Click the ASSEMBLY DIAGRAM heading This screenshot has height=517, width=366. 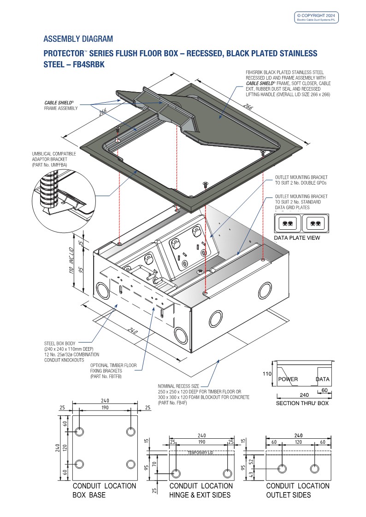[x=78, y=39]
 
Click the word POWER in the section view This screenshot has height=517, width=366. [x=288, y=379]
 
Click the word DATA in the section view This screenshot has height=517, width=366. [x=323, y=379]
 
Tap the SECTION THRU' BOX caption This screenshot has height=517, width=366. [x=302, y=403]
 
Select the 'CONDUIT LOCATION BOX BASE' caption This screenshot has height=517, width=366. [x=104, y=490]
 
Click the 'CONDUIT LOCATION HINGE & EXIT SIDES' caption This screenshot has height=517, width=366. [x=201, y=490]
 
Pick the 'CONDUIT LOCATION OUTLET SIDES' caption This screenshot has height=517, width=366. [x=298, y=490]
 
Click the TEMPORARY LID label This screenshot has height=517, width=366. [x=201, y=453]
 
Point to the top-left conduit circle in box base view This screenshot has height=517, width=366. [x=79, y=432]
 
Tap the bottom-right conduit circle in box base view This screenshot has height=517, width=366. [x=130, y=464]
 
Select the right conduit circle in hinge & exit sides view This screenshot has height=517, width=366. [x=227, y=473]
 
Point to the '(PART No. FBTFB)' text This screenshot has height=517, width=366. [x=106, y=377]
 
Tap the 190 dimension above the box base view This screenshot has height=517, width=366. [x=105, y=407]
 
